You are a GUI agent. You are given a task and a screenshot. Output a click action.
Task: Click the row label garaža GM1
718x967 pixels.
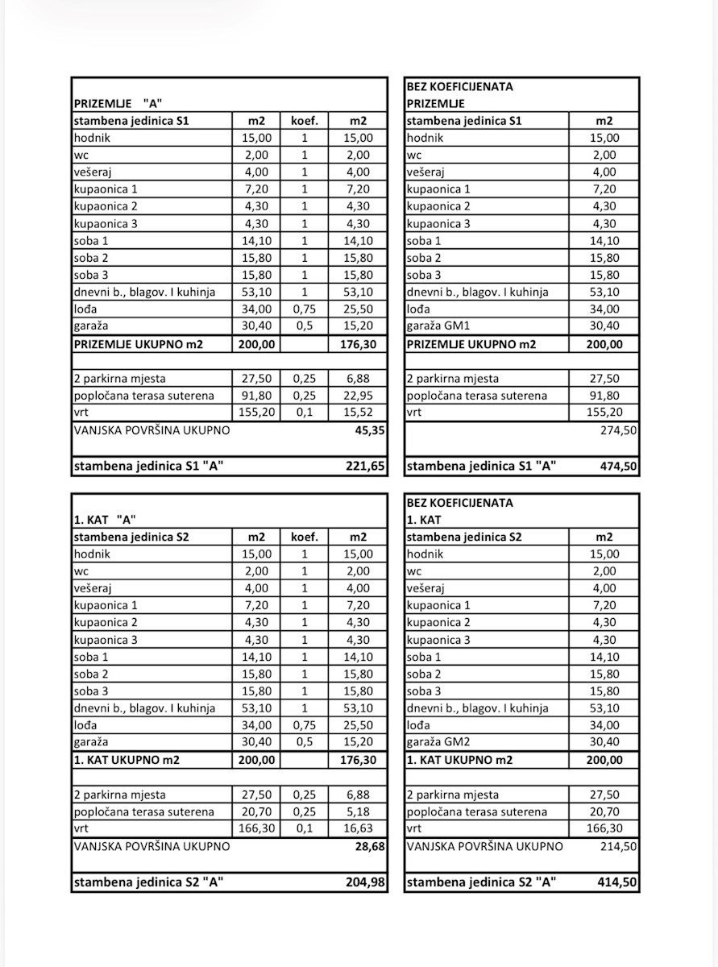click(441, 326)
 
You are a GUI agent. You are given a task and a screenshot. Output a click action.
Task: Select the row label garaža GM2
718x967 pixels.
click(441, 742)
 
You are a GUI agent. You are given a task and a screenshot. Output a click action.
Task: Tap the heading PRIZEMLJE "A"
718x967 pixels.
click(118, 103)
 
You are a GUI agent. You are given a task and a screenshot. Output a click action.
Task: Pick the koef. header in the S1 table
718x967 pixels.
click(305, 121)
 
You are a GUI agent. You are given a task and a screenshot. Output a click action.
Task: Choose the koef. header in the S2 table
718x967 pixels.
click(305, 537)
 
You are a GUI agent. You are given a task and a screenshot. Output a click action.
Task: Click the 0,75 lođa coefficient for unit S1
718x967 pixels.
click(305, 309)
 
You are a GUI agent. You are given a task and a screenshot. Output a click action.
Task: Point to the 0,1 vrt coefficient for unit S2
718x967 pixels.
click(305, 828)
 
